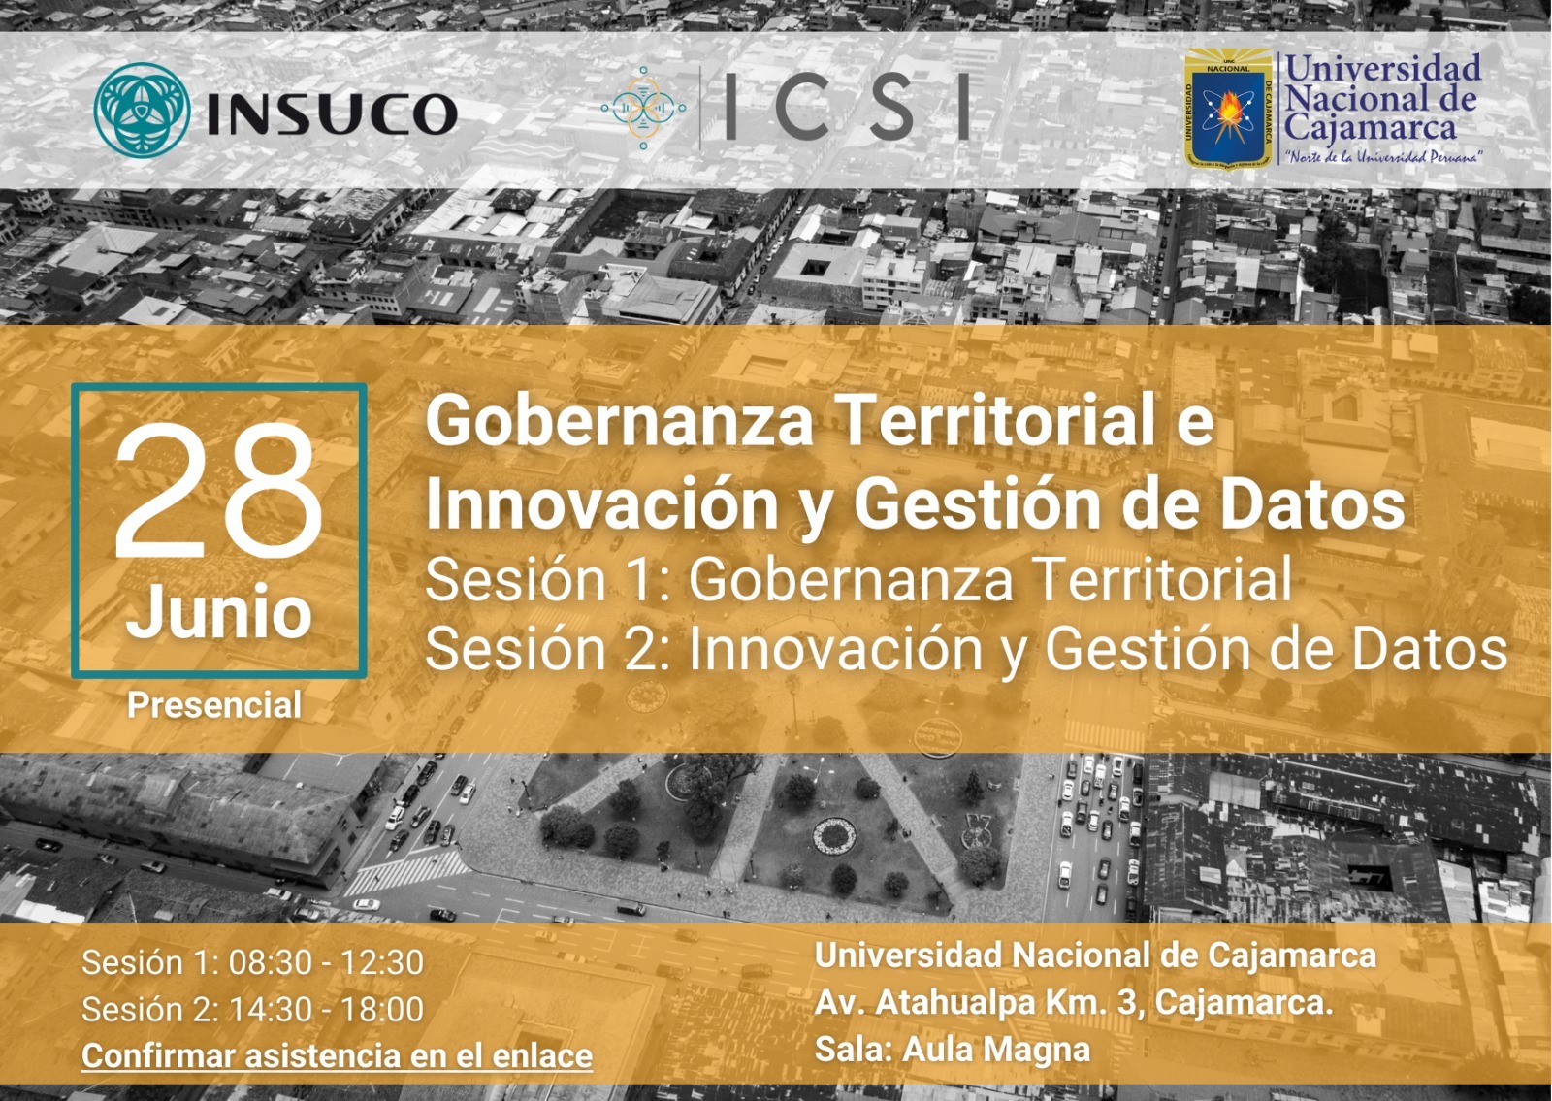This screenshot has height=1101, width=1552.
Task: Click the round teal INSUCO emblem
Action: pos(142,109)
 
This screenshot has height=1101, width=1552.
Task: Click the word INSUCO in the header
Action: pos(333,113)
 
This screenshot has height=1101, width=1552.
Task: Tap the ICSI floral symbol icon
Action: pos(644,108)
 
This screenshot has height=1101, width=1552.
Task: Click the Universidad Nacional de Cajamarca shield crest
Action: pos(1227,109)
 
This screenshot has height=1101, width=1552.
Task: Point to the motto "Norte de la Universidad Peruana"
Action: pos(1383,156)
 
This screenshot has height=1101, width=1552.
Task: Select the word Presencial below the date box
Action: pos(214,706)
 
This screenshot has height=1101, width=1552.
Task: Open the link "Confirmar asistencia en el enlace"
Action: pos(338,1056)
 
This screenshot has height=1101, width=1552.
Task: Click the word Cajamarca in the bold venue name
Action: pos(1292,956)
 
